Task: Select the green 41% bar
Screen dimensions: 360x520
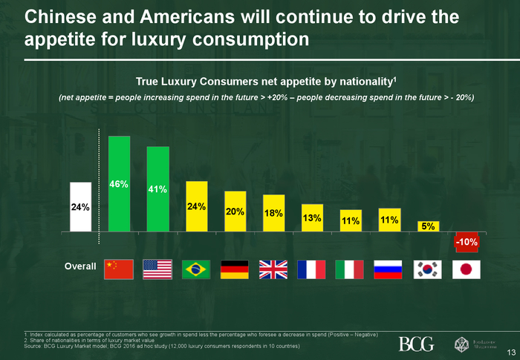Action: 157,189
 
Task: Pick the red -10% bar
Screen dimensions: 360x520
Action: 467,242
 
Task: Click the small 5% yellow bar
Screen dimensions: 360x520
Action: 428,226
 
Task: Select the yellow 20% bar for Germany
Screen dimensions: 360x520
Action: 235,212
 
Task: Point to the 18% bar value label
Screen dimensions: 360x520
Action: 273,213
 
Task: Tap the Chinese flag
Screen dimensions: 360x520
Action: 119,269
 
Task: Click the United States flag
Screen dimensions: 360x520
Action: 157,269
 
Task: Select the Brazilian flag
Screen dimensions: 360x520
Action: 196,269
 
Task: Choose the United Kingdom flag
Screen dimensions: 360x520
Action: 273,269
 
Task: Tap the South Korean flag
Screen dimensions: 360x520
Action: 428,269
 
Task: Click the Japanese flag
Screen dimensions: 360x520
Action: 467,269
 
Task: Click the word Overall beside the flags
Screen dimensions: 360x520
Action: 80,266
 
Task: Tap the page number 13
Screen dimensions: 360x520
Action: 510,352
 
